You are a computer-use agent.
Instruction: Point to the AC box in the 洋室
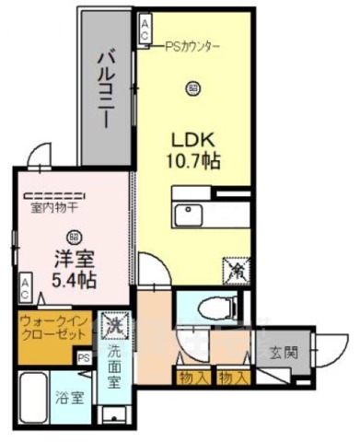click(25, 288)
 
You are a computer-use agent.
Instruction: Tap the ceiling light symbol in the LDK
click(192, 88)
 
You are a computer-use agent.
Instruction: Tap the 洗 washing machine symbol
click(115, 326)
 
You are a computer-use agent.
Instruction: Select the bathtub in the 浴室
click(35, 396)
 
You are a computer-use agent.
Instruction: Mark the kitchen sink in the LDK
click(191, 215)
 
